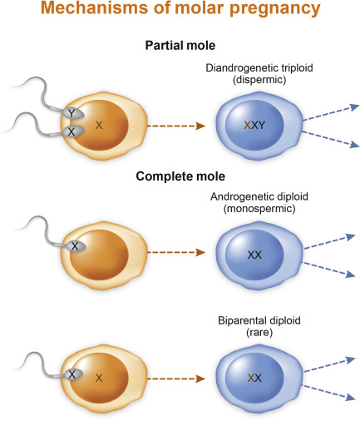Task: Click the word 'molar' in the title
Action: [x=199, y=8]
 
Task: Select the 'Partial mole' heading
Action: [x=180, y=46]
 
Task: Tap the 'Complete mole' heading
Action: [x=180, y=176]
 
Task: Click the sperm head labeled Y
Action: [x=72, y=113]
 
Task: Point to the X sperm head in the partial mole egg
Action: [x=72, y=131]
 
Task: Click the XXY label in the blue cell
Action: [x=254, y=125]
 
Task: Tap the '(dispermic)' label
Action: [x=259, y=80]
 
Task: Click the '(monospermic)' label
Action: [x=259, y=209]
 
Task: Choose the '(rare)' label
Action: [x=259, y=332]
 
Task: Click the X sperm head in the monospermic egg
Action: [x=75, y=246]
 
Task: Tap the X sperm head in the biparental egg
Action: [x=72, y=374]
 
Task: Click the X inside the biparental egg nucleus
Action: [x=99, y=378]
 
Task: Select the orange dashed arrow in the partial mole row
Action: [x=176, y=126]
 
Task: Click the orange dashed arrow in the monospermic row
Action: [x=176, y=252]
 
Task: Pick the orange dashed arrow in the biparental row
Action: [x=176, y=379]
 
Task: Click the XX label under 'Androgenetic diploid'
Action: [x=254, y=255]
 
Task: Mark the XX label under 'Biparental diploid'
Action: [x=254, y=378]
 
